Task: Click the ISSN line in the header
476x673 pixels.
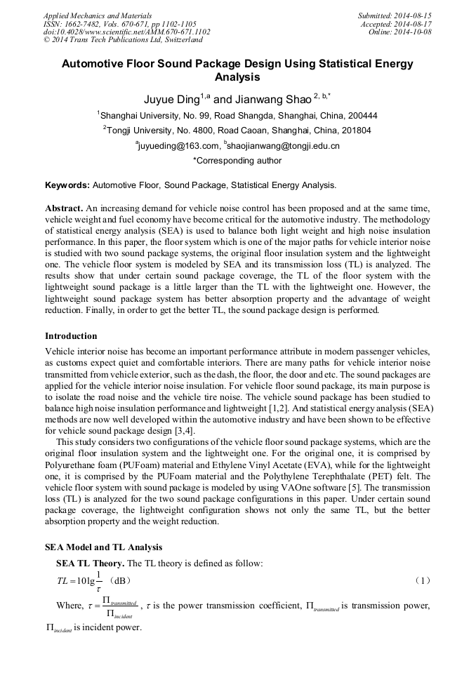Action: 119,23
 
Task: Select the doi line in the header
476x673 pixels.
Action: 126,32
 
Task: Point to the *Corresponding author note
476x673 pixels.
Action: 237,161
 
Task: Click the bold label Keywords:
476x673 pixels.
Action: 67,186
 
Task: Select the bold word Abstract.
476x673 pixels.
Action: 64,209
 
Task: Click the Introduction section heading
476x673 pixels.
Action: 71,336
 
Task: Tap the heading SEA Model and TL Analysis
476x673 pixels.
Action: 103,547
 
